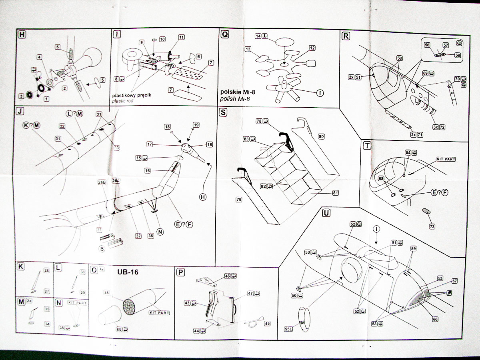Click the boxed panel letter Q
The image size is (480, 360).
pyautogui.click(x=225, y=35)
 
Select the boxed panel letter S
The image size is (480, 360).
pyautogui.click(x=223, y=113)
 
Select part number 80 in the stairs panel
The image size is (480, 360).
pyautogui.click(x=321, y=136)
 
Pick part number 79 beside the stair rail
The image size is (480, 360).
pyautogui.click(x=238, y=199)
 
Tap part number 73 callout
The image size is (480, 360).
pyautogui.click(x=432, y=227)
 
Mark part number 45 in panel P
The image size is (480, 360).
pyautogui.click(x=267, y=324)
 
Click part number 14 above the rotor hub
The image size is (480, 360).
pyautogui.click(x=258, y=36)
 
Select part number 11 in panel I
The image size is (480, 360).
pyautogui.click(x=181, y=37)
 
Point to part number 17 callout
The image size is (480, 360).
pyautogui.click(x=149, y=144)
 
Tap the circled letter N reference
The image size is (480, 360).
pyautogui.click(x=160, y=231)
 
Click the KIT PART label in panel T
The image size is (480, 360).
pyautogui.click(x=446, y=159)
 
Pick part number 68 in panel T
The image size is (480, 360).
pyautogui.click(x=381, y=178)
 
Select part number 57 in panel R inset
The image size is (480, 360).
pyautogui.click(x=446, y=45)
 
